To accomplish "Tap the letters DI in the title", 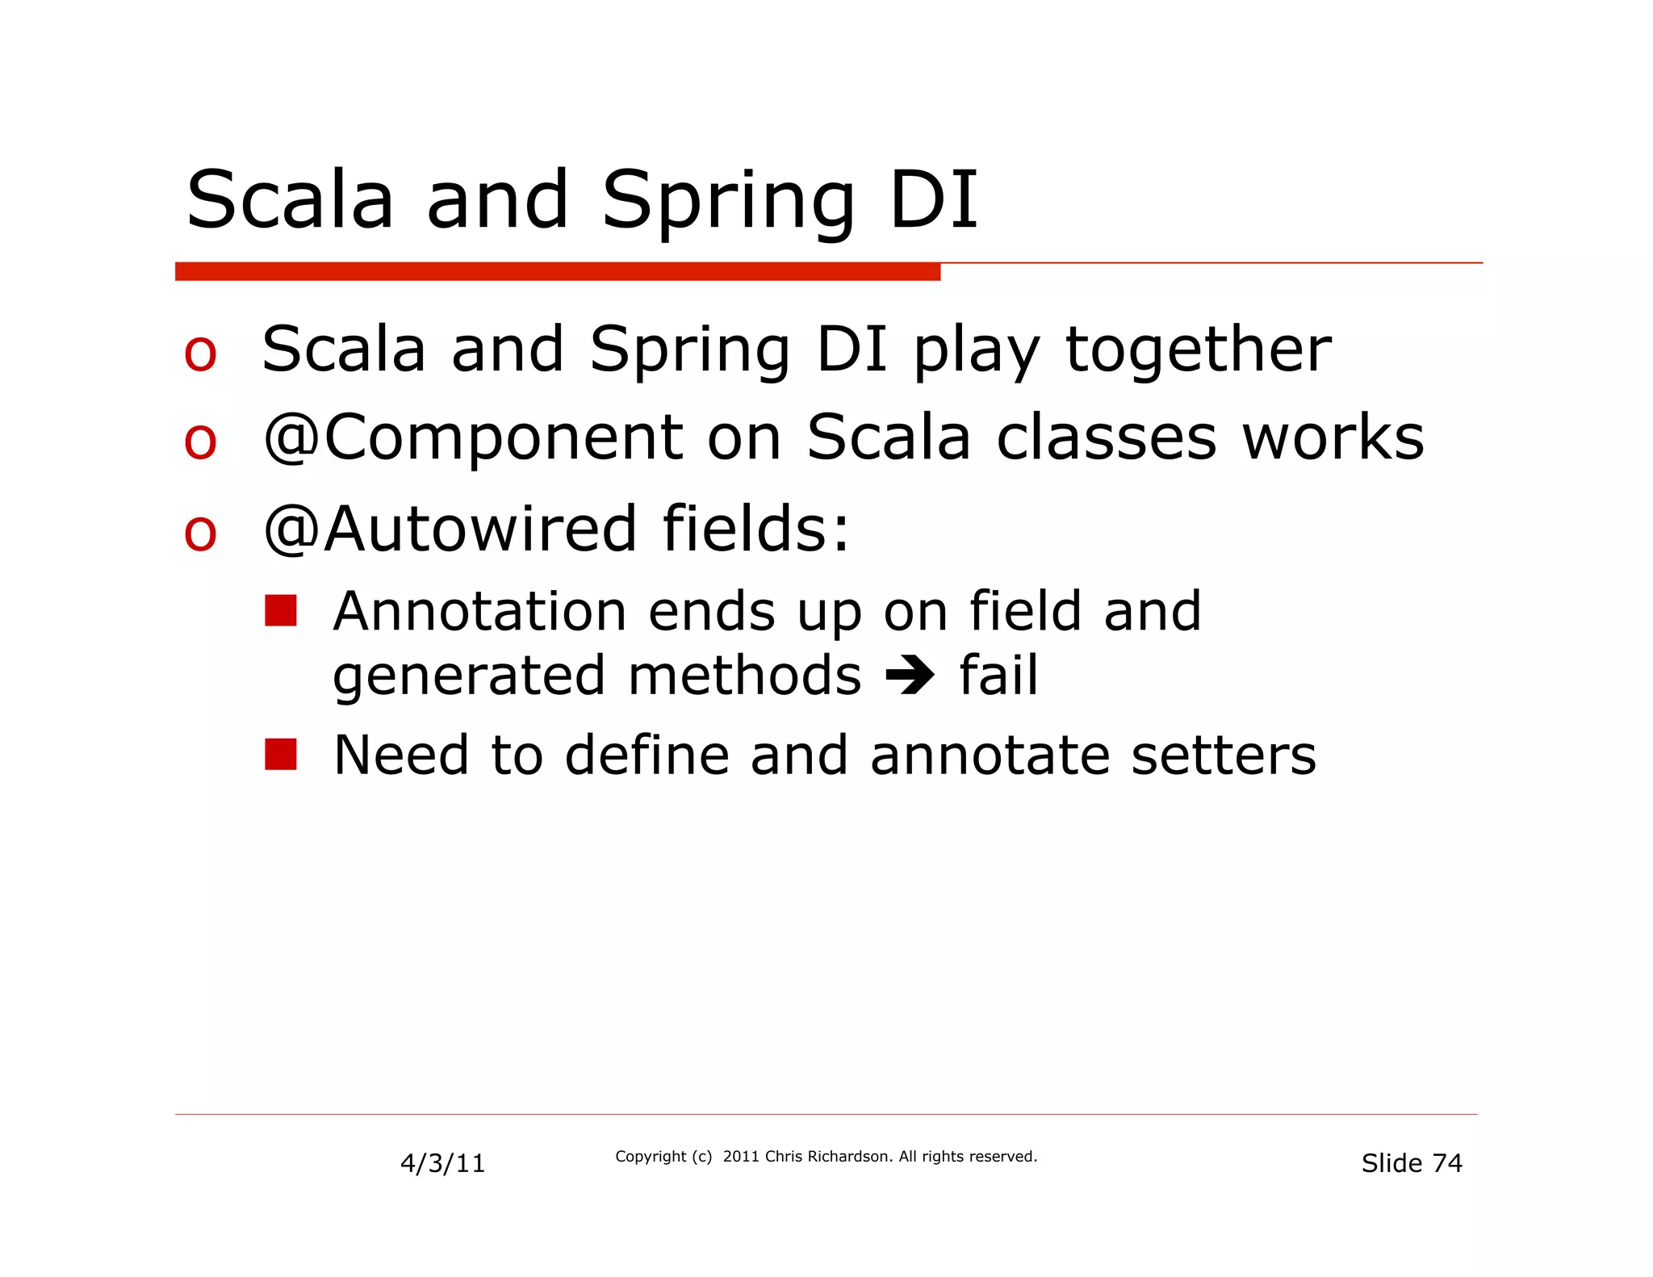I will (934, 199).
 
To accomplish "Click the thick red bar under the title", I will (557, 272).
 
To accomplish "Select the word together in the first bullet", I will (1198, 350).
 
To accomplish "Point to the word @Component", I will (473, 439).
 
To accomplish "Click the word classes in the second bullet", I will (1106, 438).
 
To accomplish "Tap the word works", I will (1333, 438).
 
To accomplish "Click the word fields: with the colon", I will (755, 529).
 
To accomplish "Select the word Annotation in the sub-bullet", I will (479, 611).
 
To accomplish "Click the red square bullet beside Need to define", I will (281, 755).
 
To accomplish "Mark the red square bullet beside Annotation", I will (281, 611).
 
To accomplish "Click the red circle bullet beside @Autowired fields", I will (200, 533).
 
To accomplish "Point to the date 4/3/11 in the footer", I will (442, 1163).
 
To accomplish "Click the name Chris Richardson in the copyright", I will (828, 1157).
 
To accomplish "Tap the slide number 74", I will (1446, 1163).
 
